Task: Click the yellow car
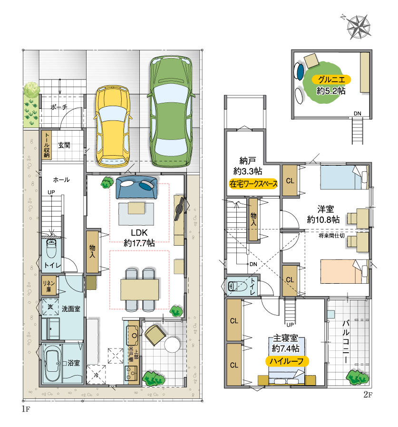(x=113, y=126)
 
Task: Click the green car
(x=171, y=111)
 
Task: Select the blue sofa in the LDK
(x=136, y=188)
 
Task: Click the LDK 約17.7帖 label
(x=139, y=238)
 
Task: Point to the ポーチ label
(x=59, y=107)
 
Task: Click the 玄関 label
(x=64, y=145)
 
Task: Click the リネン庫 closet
(x=49, y=286)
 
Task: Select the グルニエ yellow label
(x=331, y=79)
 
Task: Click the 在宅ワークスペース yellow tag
(x=253, y=184)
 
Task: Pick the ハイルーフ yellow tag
(x=287, y=361)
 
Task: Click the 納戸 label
(x=248, y=160)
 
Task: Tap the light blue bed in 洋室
(x=344, y=177)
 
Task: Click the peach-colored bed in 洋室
(x=344, y=271)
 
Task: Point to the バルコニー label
(x=346, y=342)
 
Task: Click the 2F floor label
(x=368, y=395)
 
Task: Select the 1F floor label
(x=26, y=409)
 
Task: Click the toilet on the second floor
(x=236, y=286)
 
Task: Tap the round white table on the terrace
(x=172, y=345)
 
